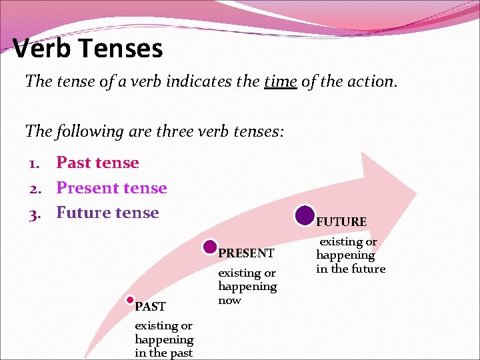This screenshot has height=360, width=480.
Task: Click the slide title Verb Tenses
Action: pos(87,49)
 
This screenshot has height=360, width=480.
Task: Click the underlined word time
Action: pos(280,82)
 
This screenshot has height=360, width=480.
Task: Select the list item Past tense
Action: pos(97,163)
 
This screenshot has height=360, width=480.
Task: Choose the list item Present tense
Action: pos(111,188)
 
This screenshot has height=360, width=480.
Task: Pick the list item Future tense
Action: pos(107,213)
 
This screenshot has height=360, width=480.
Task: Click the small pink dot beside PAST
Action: pos(131,301)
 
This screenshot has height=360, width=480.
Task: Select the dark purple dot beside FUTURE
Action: pos(305,215)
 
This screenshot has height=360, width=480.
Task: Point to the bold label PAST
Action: pos(150,307)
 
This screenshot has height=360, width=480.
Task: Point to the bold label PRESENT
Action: pos(246,253)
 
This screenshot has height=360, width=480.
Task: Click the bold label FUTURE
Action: pos(341,222)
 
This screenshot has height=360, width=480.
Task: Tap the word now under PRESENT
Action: pos(229,300)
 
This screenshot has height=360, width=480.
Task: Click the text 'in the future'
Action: pos(351,269)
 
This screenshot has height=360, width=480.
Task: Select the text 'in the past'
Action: pos(163,353)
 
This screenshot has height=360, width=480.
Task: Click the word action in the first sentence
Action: pos(373,82)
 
